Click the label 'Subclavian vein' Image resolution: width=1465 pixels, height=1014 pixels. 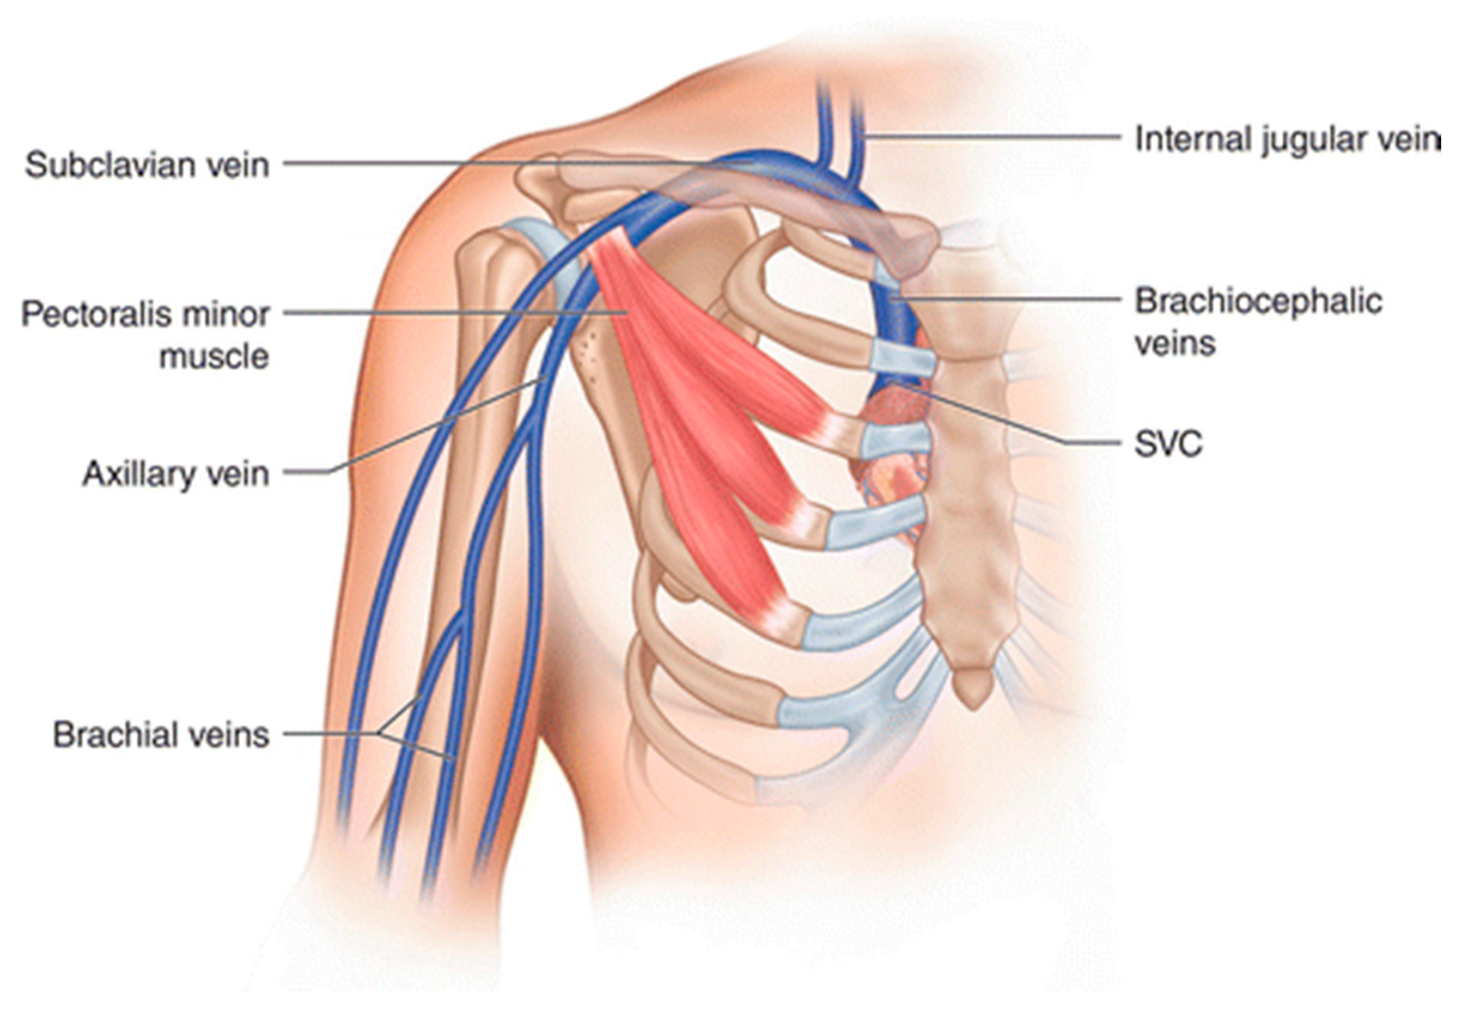coord(147,165)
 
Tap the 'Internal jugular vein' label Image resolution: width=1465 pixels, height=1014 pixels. coord(1287,140)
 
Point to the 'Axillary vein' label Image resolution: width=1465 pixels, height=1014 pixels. coord(176,474)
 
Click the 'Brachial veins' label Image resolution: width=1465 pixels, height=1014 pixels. coord(162,735)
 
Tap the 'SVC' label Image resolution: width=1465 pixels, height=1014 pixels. coord(1168,444)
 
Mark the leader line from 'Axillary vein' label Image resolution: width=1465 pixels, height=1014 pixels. coord(432,426)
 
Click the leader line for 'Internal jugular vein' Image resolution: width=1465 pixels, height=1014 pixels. coord(991,136)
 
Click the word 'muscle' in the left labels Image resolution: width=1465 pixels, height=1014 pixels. coord(214,357)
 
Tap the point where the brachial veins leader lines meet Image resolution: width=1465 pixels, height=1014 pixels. coord(380,735)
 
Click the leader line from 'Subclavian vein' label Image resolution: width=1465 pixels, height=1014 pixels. coord(508,163)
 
